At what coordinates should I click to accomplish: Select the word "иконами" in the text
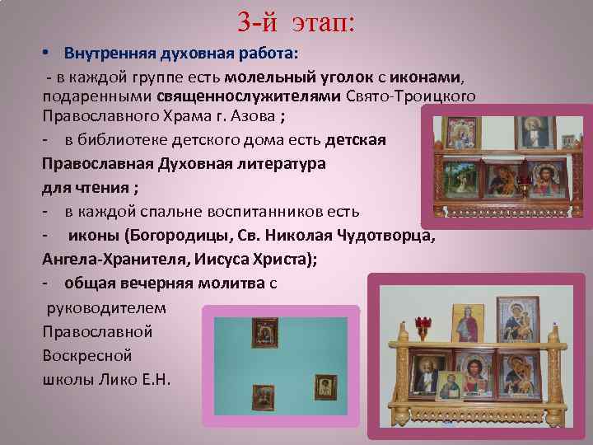(428, 77)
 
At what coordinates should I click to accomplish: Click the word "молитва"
(226, 283)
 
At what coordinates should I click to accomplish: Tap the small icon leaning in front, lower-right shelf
(449, 387)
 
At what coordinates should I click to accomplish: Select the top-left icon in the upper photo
(459, 133)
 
